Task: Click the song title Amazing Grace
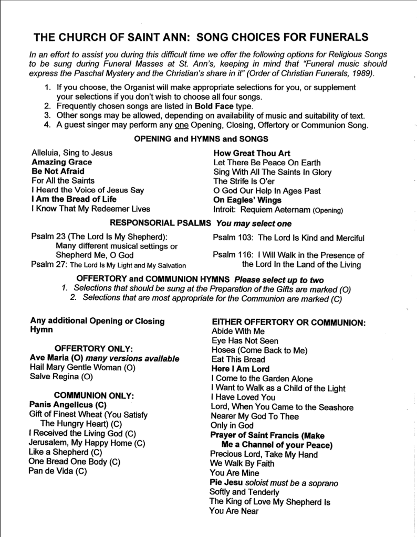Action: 61,162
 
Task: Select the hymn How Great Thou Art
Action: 252,153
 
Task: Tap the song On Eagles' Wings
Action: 247,200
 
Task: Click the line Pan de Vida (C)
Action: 58,470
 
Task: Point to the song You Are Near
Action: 234,511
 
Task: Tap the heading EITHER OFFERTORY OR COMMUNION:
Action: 288,322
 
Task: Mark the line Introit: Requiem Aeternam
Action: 278,210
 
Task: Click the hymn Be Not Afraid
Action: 58,171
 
